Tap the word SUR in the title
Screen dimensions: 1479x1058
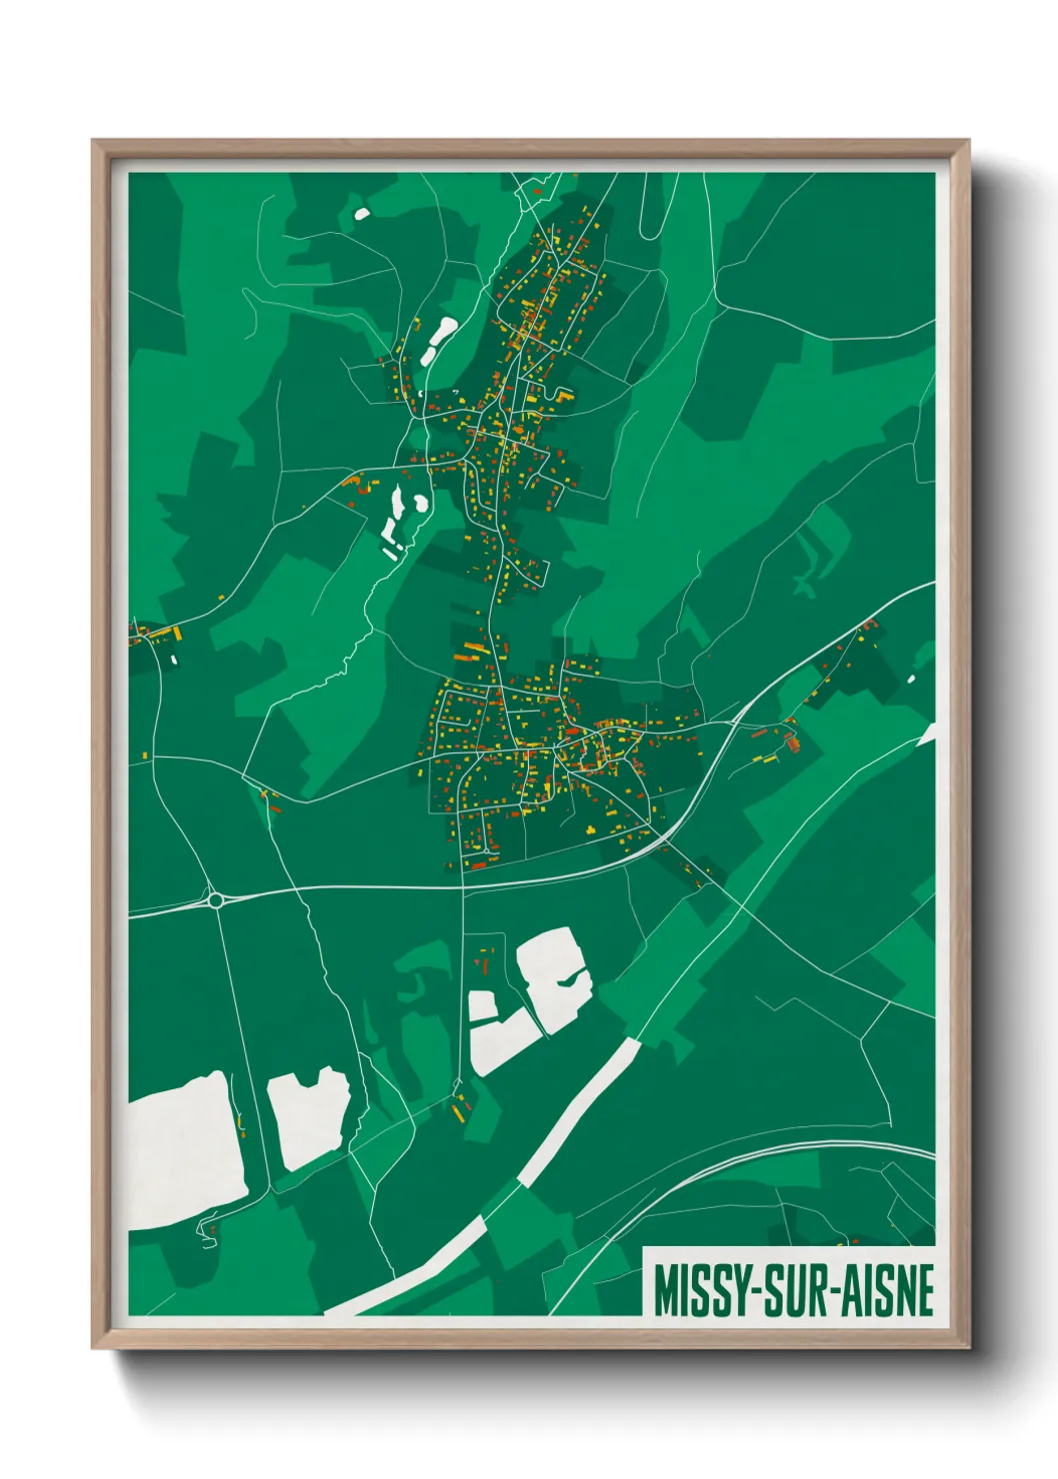793,1290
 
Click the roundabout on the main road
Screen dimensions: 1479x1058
215,900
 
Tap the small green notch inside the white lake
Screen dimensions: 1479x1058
570,980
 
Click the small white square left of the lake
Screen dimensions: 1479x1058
482,1005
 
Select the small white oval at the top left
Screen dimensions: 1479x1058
361,212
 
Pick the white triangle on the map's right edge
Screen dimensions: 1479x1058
929,735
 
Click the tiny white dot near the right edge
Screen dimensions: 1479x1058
911,680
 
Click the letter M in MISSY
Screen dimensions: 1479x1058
664,1290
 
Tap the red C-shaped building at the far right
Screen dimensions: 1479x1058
870,626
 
